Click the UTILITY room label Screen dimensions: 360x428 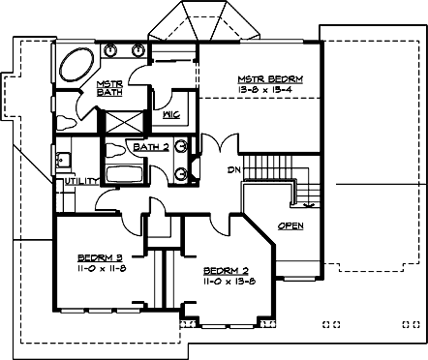point(78,181)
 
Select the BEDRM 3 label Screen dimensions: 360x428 point(101,257)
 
